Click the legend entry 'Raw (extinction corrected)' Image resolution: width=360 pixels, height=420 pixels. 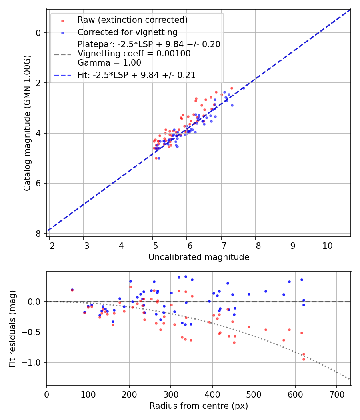coord(132,20)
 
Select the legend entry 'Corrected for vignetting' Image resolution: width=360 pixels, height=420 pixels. coord(127,32)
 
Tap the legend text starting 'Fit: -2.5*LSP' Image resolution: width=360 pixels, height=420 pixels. coord(136,75)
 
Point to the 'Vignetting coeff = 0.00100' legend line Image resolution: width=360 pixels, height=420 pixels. coord(134,54)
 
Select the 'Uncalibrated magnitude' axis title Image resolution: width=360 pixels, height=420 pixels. coord(199,257)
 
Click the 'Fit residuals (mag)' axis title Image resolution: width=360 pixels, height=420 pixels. coord(12,328)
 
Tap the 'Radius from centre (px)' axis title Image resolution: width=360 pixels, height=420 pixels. coord(199,406)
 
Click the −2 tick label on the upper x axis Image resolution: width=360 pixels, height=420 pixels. coord(49,245)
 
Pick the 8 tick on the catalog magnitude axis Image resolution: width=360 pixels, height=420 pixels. coord(39,234)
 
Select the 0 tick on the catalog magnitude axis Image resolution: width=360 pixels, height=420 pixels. coord(39,33)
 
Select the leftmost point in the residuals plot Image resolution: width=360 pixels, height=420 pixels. coord(72,290)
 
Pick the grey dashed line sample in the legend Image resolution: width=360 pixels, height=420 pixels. coord(62,54)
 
